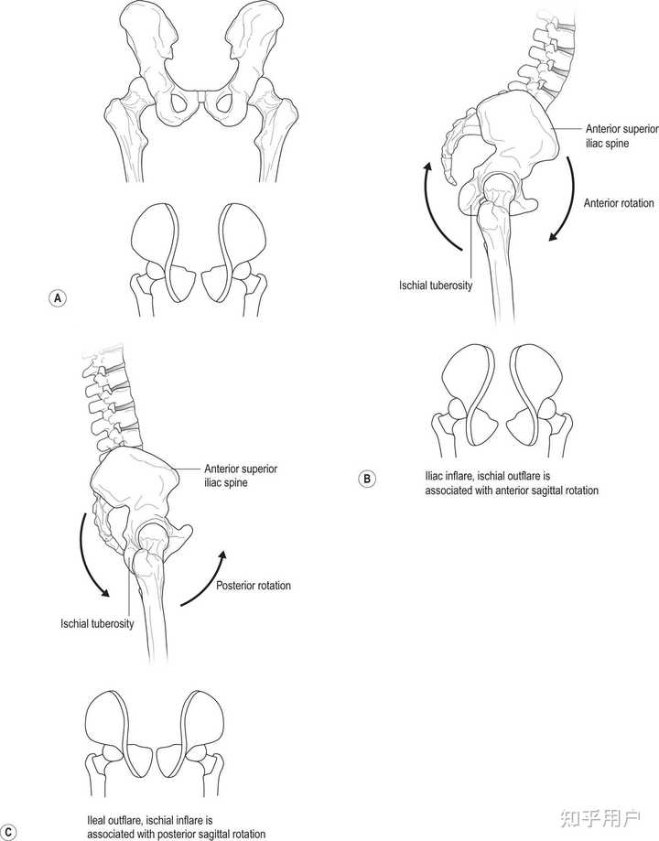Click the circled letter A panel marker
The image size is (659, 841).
(58, 297)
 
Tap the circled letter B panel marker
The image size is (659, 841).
(366, 479)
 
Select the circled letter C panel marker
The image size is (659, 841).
(8, 833)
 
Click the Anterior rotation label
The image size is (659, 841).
(618, 203)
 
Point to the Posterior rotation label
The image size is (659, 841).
(254, 585)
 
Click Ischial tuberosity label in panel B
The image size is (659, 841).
(436, 286)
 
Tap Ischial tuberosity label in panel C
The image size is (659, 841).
(97, 623)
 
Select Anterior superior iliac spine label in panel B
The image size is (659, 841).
(621, 136)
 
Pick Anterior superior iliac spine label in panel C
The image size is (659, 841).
(241, 476)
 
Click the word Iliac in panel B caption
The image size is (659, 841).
(434, 476)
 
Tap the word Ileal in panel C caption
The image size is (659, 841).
(97, 821)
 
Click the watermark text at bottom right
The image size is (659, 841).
(600, 818)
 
